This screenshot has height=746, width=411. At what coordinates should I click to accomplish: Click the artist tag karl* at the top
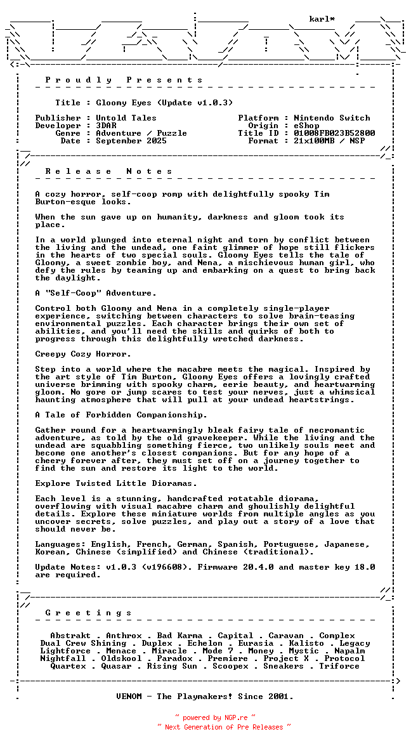point(322,19)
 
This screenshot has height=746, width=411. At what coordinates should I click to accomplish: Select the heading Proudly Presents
point(124,80)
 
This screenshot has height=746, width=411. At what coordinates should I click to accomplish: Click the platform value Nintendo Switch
point(332,118)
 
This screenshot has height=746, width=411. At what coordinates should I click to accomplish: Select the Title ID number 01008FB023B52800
point(334,133)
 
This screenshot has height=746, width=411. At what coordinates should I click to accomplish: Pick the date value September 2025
point(131,141)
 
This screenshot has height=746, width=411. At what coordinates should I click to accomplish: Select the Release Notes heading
point(109,171)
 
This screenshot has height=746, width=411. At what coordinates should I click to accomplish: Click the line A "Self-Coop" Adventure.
point(96,293)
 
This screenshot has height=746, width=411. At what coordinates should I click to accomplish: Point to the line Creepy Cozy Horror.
point(83,354)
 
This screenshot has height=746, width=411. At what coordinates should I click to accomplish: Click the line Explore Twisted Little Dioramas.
point(116,483)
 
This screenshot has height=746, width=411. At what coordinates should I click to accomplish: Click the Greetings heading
point(89,613)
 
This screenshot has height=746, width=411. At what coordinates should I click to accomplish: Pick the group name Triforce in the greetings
point(339,666)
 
